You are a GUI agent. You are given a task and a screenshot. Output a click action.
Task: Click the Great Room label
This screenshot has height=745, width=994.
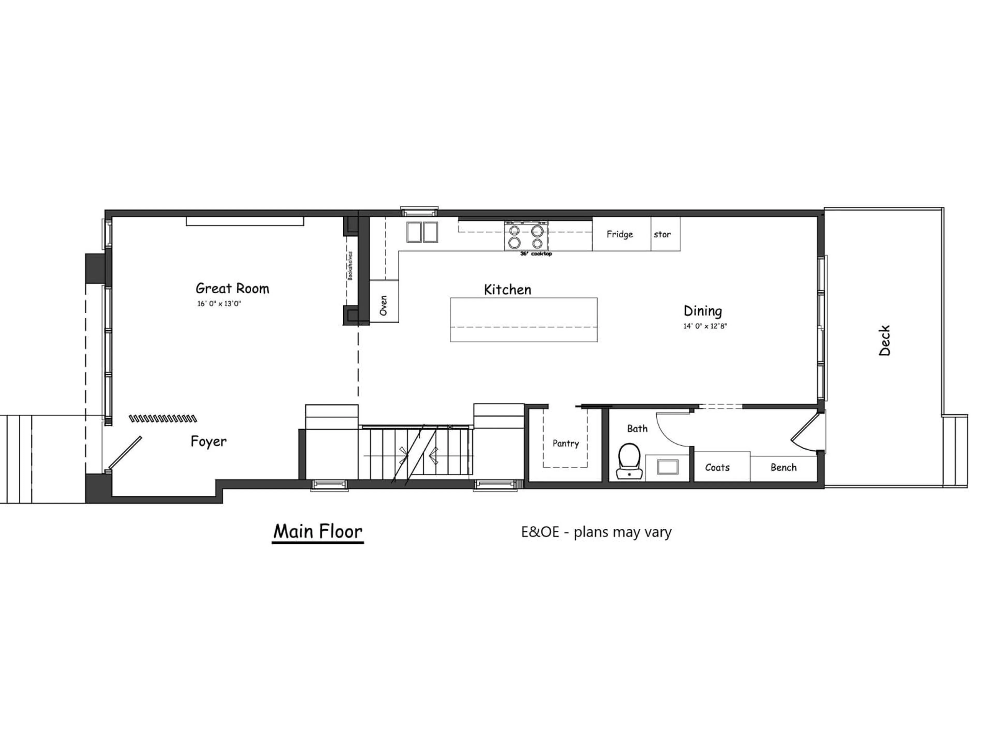pos(232,288)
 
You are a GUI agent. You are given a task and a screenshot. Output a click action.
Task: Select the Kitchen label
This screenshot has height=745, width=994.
pos(507,290)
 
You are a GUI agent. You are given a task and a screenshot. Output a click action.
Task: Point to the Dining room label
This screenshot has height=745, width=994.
pos(703,311)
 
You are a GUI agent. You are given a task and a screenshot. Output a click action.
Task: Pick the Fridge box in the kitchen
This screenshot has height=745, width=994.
pos(620,234)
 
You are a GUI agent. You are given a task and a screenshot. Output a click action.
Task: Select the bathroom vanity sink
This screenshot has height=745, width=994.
pos(668,467)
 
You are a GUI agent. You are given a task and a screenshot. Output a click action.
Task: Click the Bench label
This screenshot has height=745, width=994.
pos(783,467)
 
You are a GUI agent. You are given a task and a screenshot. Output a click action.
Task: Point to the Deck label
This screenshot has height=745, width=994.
pos(884,340)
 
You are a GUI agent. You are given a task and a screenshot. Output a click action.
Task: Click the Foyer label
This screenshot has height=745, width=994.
pos(208,441)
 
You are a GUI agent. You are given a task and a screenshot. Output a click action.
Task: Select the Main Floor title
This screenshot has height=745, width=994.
pos(318,532)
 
